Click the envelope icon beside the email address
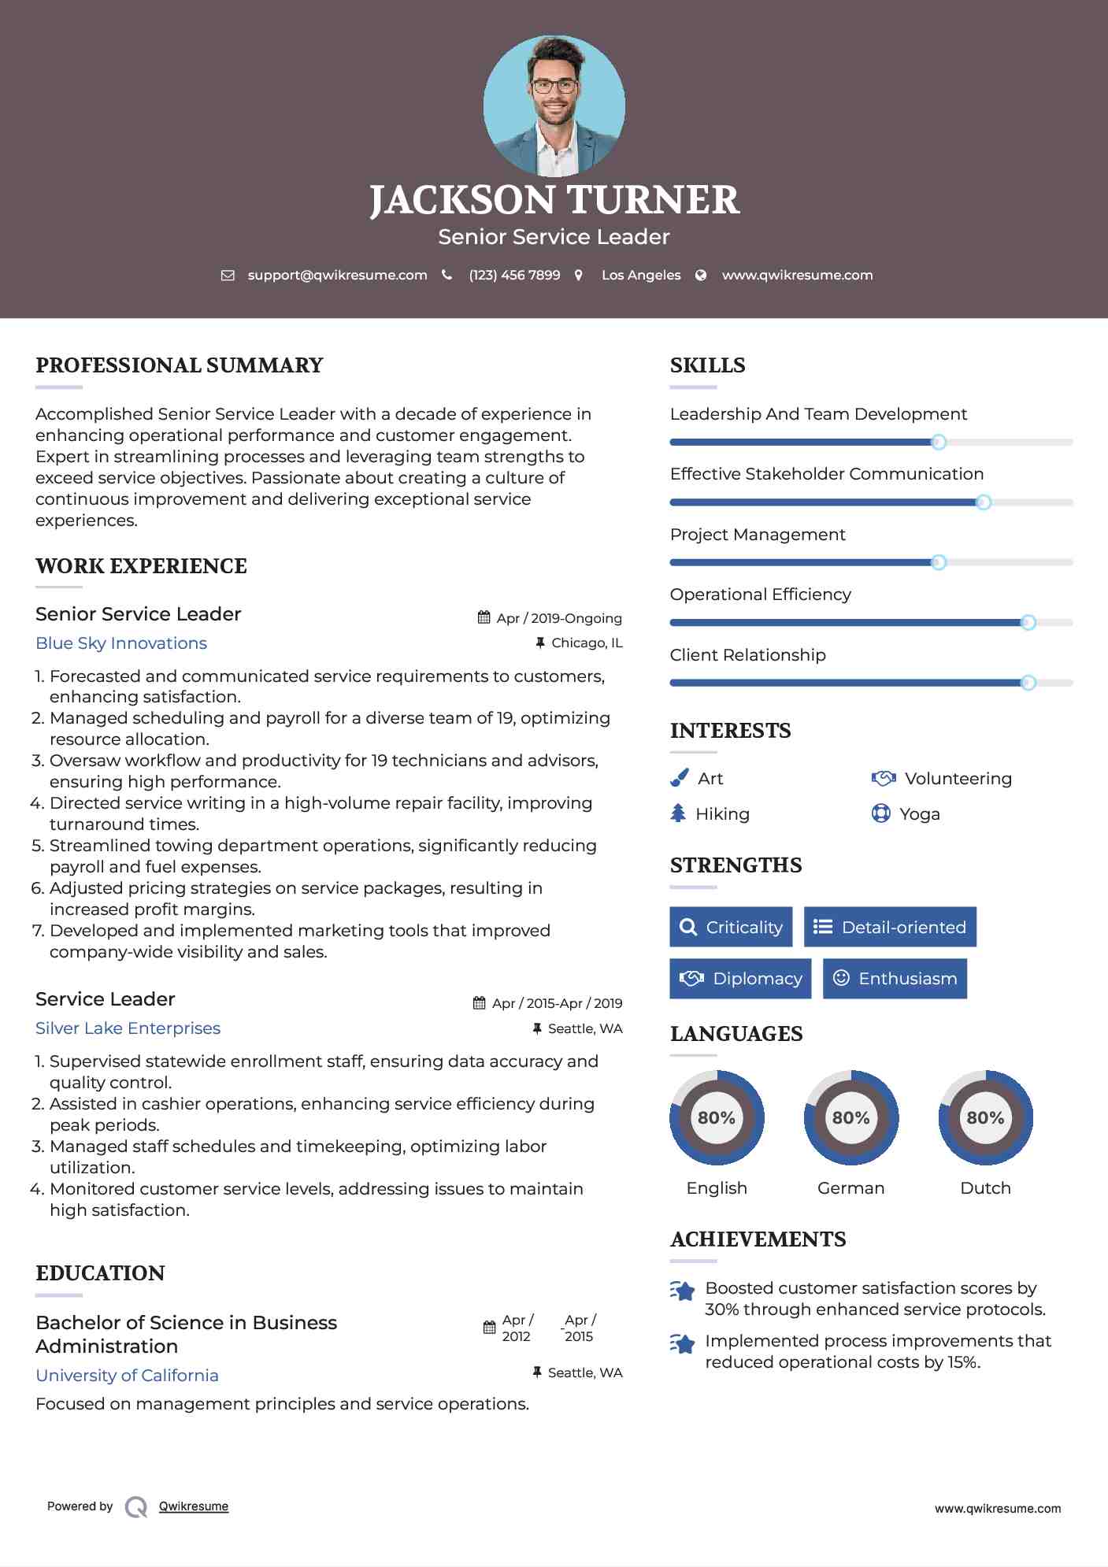pyautogui.click(x=228, y=276)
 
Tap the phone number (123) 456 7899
pyautogui.click(x=514, y=276)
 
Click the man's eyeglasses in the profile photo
pyautogui.click(x=554, y=86)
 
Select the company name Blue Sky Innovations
pyautogui.click(x=121, y=643)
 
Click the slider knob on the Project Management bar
pyautogui.click(x=938, y=562)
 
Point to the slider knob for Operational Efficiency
pyautogui.click(x=1028, y=623)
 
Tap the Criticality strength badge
pyautogui.click(x=731, y=927)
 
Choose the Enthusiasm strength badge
pyautogui.click(x=895, y=979)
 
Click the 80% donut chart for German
pyautogui.click(x=850, y=1117)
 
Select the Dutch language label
pyautogui.click(x=985, y=1188)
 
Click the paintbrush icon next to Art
pyautogui.click(x=679, y=779)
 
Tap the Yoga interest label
pyautogui.click(x=920, y=814)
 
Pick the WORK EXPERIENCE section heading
pyautogui.click(x=142, y=566)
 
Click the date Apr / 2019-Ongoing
pyautogui.click(x=559, y=619)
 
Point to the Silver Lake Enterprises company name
pyautogui.click(x=128, y=1028)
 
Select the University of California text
pyautogui.click(x=128, y=1376)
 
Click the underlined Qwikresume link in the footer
pyautogui.click(x=194, y=1506)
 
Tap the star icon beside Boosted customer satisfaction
pyautogui.click(x=683, y=1291)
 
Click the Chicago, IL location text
pyautogui.click(x=587, y=643)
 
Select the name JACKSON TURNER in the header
pyautogui.click(x=554, y=200)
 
